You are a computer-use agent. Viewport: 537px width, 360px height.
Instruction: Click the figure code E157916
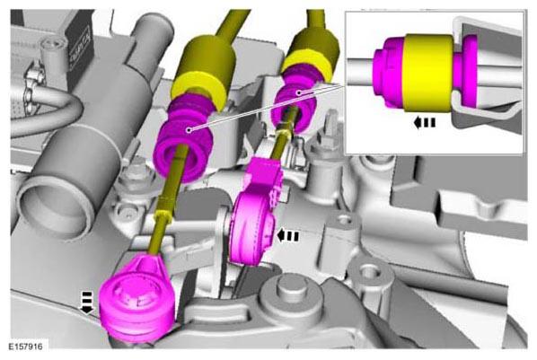(x=26, y=347)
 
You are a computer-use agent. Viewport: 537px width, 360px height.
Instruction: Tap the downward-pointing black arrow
(x=86, y=303)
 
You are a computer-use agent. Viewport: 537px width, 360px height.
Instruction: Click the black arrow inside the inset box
(x=424, y=122)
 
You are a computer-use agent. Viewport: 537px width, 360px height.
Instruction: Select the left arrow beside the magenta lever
(x=287, y=236)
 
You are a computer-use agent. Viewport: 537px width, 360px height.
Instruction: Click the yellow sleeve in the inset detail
(x=429, y=73)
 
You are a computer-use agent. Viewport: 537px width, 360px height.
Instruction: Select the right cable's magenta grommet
(x=295, y=102)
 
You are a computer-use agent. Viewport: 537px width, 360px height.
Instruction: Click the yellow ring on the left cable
(x=198, y=89)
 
